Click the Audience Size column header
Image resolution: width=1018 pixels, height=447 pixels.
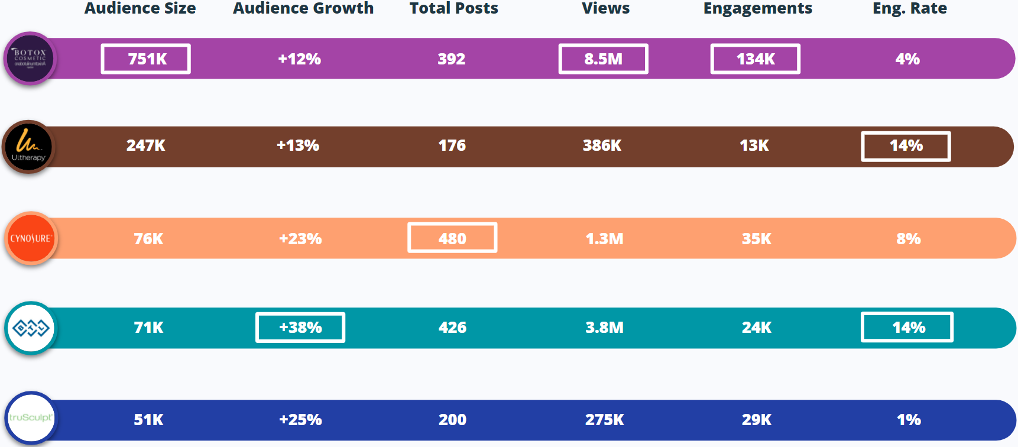(140, 8)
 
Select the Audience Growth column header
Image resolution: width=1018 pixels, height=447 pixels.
(303, 8)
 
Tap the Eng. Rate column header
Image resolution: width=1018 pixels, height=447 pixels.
(909, 8)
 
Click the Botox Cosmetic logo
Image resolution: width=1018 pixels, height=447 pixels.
(30, 59)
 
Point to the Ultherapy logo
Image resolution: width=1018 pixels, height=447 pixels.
(28, 147)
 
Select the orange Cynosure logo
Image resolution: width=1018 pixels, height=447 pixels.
(31, 238)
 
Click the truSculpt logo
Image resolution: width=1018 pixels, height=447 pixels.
(31, 417)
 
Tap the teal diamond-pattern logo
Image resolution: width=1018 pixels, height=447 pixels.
(31, 328)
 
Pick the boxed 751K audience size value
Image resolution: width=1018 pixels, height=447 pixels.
(146, 59)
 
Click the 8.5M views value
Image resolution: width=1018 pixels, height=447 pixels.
(603, 59)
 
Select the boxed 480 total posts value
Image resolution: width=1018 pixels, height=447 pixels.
(452, 238)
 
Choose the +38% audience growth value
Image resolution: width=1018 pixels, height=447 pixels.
(300, 327)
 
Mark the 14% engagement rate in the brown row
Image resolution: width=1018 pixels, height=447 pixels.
(906, 146)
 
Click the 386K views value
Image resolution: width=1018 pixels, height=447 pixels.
(602, 145)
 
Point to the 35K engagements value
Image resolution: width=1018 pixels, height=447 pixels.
(756, 239)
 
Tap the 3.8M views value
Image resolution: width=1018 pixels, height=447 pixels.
(604, 328)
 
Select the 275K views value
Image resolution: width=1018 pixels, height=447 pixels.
(604, 420)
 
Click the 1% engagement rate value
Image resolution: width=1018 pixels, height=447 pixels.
(909, 420)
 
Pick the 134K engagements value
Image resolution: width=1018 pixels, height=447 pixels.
(755, 59)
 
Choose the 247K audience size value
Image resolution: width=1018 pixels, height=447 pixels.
(146, 145)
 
